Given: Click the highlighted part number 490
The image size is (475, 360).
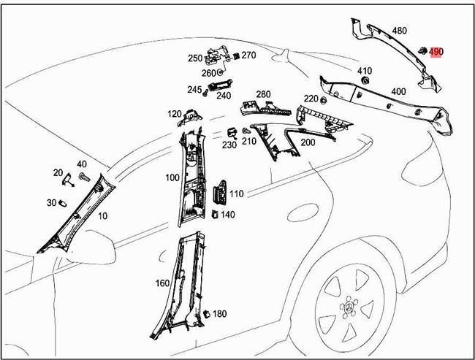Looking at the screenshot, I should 436,52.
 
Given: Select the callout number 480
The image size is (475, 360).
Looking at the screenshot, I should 400,31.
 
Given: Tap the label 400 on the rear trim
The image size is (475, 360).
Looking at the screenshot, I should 398,91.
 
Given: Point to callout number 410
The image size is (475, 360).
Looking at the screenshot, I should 364,71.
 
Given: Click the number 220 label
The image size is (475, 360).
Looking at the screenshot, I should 311,99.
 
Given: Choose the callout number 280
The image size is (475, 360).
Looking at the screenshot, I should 262,94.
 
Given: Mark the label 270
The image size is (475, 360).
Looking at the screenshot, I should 248,55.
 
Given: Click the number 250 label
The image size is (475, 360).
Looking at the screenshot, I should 194,58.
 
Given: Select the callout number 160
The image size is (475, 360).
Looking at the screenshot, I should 162,283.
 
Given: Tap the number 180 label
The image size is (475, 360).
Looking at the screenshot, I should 219,314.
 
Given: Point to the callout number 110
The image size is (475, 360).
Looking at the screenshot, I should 236,194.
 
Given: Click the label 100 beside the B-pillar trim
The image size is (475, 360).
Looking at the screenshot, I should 172,177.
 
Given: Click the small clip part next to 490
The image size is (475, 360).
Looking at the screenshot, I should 422,50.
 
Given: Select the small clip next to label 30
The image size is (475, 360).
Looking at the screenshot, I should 64,202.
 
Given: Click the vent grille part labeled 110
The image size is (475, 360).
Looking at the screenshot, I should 218,196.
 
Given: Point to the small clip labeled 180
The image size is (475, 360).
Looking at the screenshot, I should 206,313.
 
